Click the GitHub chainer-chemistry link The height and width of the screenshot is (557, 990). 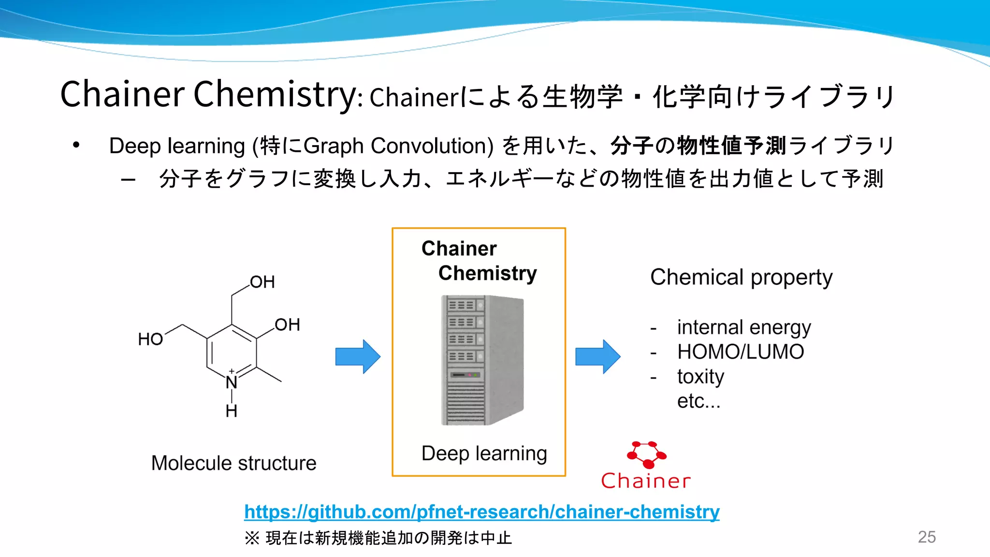(x=481, y=512)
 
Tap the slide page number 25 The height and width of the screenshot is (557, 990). (x=927, y=537)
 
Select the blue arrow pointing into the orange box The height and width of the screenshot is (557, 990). (x=358, y=356)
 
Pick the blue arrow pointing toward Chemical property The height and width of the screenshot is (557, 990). (x=597, y=356)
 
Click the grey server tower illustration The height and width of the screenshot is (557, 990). (x=482, y=360)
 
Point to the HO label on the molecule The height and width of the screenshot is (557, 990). (x=150, y=339)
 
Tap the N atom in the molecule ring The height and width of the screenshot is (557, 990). (x=232, y=382)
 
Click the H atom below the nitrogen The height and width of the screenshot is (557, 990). (x=232, y=411)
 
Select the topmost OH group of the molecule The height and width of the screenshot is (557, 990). (x=262, y=282)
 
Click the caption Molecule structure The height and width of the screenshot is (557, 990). (x=233, y=463)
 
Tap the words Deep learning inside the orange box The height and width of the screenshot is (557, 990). (x=484, y=454)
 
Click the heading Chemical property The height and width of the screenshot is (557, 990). (x=741, y=278)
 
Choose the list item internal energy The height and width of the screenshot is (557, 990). (x=743, y=328)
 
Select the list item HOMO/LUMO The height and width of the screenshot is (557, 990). (x=741, y=352)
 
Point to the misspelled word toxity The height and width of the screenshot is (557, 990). (x=700, y=377)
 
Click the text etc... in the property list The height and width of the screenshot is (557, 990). (x=699, y=401)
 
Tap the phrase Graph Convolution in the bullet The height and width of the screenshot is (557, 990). (x=398, y=146)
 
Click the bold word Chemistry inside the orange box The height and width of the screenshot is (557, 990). (x=487, y=273)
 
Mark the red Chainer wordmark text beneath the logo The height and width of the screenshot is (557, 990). (x=646, y=481)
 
